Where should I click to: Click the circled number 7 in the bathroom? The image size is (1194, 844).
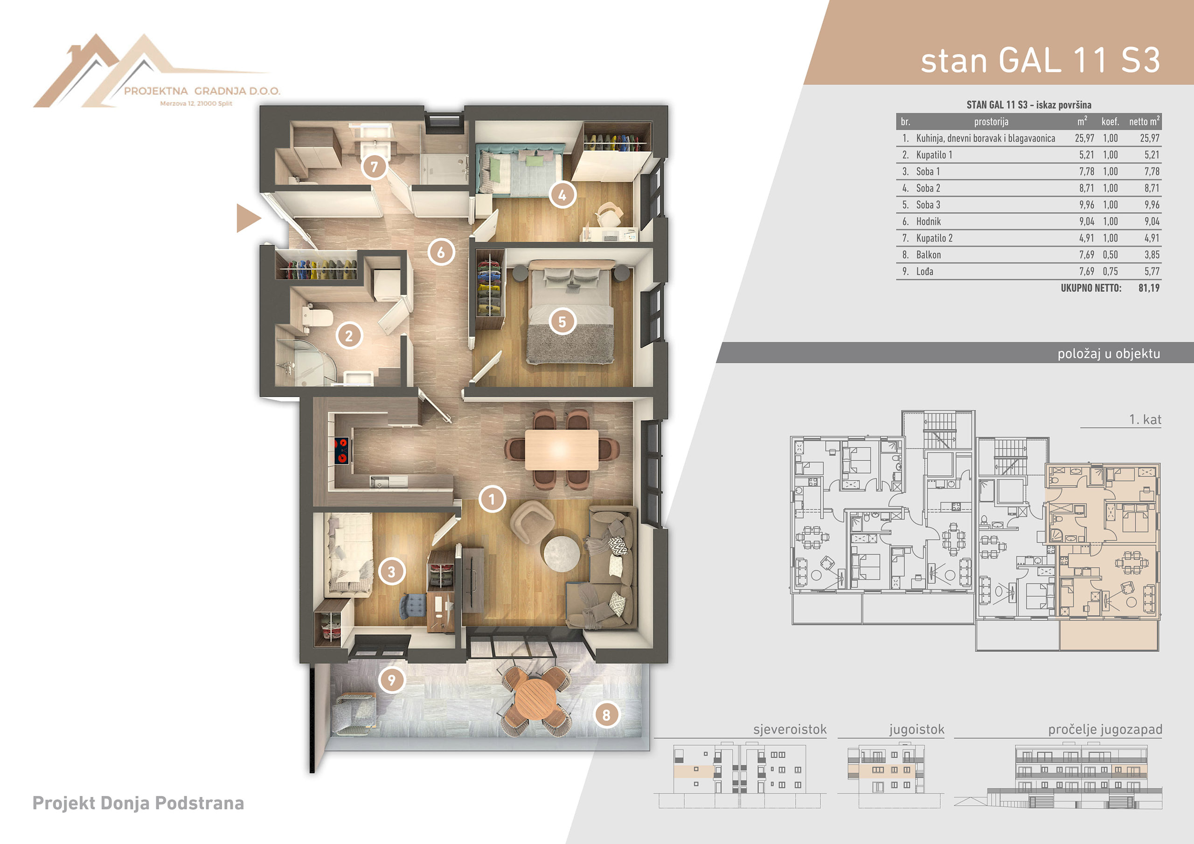374,167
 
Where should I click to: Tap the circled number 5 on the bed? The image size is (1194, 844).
562,322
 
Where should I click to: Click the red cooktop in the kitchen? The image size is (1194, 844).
341,450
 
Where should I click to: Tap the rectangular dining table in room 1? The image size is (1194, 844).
561,450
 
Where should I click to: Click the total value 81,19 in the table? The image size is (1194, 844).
1149,288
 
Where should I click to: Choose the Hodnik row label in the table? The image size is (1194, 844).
928,221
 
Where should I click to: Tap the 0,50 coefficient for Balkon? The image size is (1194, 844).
1110,255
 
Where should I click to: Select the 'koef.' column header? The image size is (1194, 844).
1110,122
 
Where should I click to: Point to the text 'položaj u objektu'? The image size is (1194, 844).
1109,353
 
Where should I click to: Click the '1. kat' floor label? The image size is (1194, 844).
1145,420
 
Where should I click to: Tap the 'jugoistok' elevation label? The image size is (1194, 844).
917,730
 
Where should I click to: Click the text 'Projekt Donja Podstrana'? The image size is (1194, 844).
139,803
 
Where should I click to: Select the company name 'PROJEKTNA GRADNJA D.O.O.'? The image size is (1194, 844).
202,91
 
